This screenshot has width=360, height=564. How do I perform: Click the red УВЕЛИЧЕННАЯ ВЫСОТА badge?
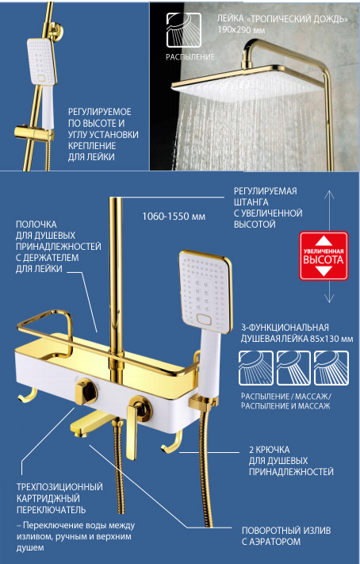324,255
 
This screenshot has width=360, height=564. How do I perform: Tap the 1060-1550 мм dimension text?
174,217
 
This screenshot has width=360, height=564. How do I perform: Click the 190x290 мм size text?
241,30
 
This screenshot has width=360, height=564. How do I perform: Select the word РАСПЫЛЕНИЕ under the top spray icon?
190,57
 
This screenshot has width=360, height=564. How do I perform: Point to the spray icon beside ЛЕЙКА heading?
183,30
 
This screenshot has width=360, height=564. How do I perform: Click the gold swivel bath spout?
90,425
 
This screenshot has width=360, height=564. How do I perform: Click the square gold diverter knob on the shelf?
86,390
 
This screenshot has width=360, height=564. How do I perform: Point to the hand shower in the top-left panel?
41,79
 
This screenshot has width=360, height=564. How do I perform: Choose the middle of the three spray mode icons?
294,368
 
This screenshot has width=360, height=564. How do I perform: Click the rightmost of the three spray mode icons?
331,368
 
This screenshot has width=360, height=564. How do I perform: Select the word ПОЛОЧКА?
36,224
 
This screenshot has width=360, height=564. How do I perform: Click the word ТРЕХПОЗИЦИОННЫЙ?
59,487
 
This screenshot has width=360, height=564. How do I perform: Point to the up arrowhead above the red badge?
329,194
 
